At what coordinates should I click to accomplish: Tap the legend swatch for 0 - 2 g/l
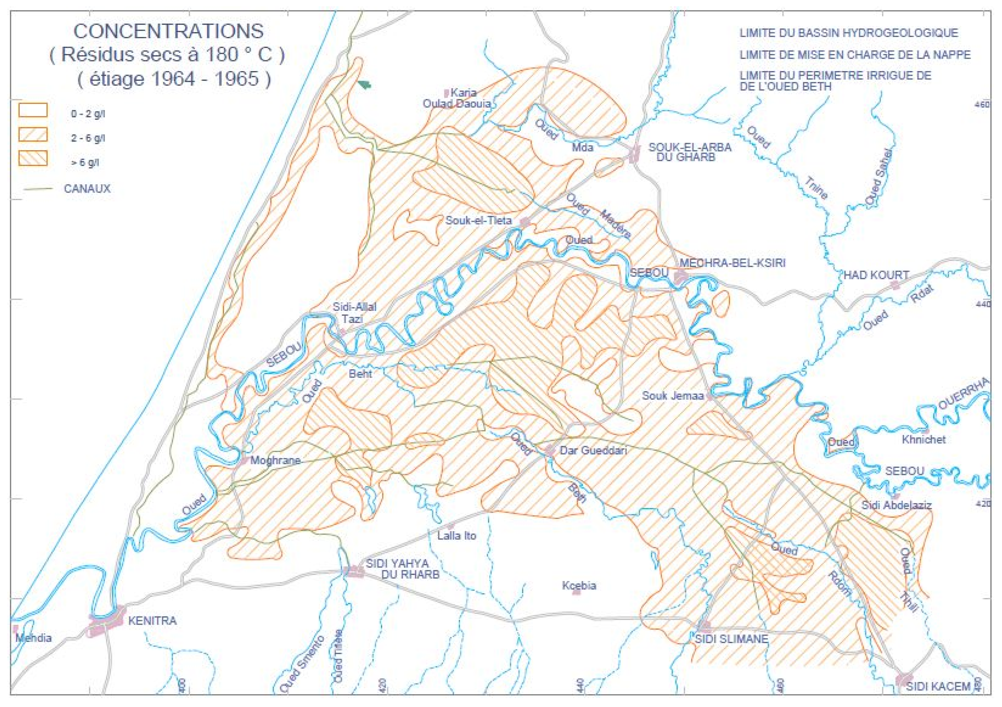click(x=33, y=110)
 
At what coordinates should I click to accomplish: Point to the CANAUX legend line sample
click(x=38, y=189)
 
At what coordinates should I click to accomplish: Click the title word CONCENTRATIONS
click(x=169, y=31)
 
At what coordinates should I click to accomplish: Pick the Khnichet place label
click(x=924, y=439)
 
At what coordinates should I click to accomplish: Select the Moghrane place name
click(x=275, y=460)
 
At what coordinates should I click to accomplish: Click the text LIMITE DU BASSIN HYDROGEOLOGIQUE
click(x=848, y=33)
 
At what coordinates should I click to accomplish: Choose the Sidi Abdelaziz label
click(x=896, y=505)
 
